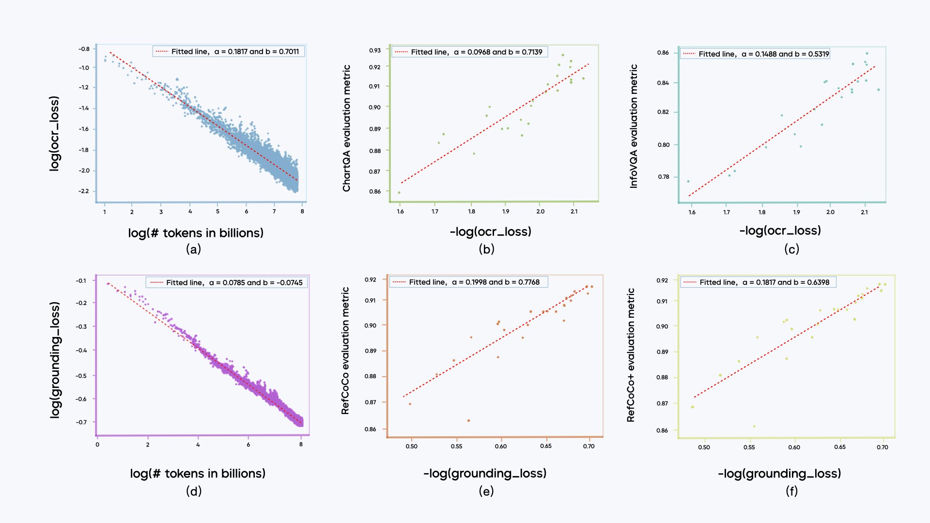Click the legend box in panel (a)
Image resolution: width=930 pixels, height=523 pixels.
click(x=229, y=51)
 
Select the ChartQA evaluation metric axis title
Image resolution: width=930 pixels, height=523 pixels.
click(x=346, y=128)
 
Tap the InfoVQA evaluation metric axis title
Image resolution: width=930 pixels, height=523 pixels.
click(x=634, y=126)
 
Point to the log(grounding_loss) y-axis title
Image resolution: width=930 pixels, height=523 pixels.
click(x=55, y=360)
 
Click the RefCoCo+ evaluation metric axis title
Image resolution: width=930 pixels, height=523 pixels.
click(x=631, y=355)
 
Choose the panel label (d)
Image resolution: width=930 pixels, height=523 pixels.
click(x=194, y=491)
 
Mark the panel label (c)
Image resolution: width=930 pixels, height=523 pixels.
click(x=791, y=249)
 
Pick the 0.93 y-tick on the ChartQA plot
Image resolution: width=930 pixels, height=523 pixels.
click(x=375, y=50)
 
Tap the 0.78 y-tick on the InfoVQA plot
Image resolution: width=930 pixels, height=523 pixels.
click(x=663, y=177)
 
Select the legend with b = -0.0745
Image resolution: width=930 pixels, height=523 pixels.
click(x=226, y=282)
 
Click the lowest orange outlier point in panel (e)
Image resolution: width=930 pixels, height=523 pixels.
click(x=468, y=420)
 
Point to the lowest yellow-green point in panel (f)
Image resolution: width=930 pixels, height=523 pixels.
click(x=754, y=426)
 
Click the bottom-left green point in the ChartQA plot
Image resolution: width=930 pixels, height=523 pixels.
click(x=399, y=192)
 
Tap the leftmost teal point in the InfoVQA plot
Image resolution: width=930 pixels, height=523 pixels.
click(x=688, y=182)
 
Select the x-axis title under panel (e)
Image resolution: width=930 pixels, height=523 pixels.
click(x=485, y=473)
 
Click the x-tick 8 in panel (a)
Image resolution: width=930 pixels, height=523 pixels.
click(x=302, y=211)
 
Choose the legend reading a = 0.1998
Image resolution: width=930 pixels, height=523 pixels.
click(x=468, y=282)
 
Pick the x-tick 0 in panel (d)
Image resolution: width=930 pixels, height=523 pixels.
click(x=97, y=445)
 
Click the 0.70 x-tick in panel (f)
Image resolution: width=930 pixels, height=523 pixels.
click(x=882, y=447)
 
